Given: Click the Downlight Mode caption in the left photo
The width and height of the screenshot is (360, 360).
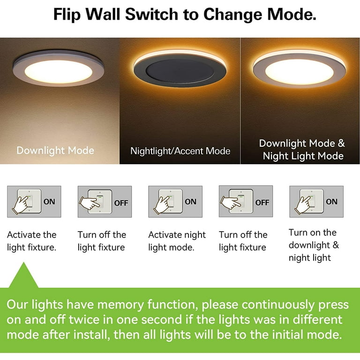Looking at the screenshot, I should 55,150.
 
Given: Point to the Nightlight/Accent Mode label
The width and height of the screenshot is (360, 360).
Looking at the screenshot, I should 180,151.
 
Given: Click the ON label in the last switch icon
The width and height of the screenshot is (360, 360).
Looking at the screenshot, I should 331,202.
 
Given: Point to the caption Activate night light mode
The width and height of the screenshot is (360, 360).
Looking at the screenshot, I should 177,241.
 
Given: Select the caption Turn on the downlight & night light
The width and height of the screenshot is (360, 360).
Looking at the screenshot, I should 313,245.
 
